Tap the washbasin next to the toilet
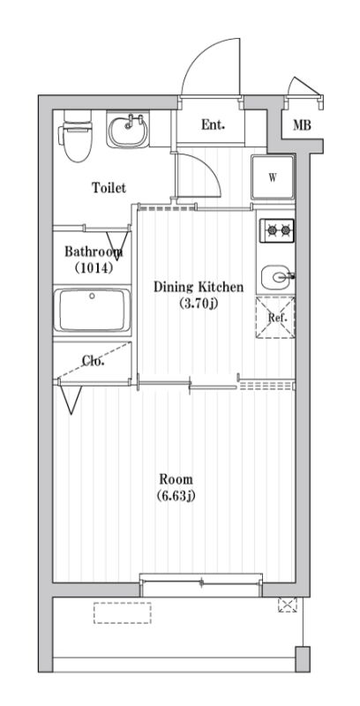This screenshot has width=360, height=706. coord(128,130)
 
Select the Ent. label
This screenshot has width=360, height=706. coord(213,124)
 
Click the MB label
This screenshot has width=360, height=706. coord(302,125)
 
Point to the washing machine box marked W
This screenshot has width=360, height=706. coord(273,177)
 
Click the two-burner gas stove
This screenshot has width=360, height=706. coord(278,231)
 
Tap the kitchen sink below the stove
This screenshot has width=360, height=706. coord(277,277)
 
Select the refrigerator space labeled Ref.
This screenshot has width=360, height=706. coord(275,317)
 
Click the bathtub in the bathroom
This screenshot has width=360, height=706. coord(93,310)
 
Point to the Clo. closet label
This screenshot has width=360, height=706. coord(94,360)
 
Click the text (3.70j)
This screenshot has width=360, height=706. coord(199,304)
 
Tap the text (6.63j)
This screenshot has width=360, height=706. coord(176,496)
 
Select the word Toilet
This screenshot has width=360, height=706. coord(109,187)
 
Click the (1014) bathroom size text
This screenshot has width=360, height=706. coord(94,268)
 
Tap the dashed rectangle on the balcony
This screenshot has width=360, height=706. coord(123,612)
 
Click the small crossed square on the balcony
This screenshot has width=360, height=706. coord(288,605)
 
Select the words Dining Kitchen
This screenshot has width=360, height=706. coord(199,287)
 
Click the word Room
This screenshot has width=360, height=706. coord(176,478)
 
